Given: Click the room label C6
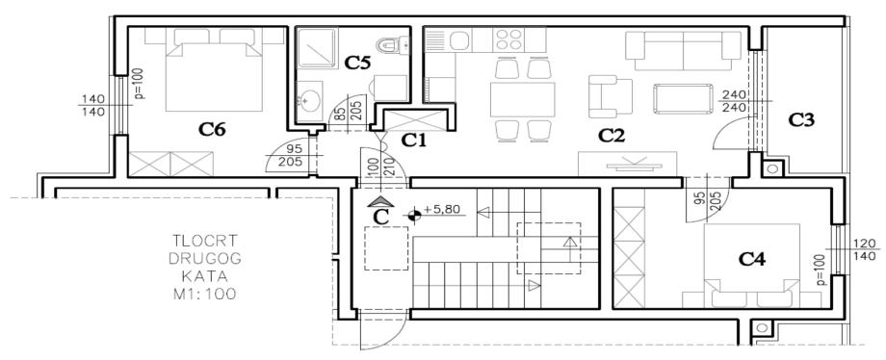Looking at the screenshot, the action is click(x=212, y=130).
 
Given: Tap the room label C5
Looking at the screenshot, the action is click(x=357, y=64).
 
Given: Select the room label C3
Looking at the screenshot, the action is click(x=801, y=119).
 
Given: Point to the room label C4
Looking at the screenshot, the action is click(x=752, y=260).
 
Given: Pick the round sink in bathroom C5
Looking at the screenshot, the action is click(x=308, y=102).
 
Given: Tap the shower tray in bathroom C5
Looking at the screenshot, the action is click(x=318, y=49).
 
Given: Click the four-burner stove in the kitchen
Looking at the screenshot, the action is click(x=508, y=39).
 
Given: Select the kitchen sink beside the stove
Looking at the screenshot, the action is click(x=458, y=40).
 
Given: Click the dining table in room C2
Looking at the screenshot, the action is click(x=523, y=99).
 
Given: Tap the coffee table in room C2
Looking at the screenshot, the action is click(x=683, y=98).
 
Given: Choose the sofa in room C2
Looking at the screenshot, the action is click(x=683, y=51).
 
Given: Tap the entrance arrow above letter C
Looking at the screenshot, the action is click(x=381, y=200).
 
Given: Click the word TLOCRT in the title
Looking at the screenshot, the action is click(x=206, y=241).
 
